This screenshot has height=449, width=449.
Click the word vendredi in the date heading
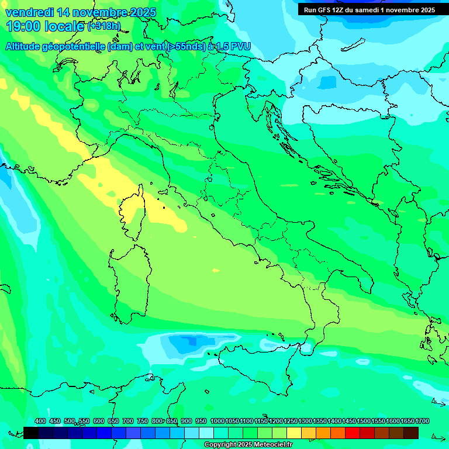[x=28, y=12]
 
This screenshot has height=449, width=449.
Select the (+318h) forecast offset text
[x=104, y=26]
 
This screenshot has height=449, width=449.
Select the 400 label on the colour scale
[x=40, y=421]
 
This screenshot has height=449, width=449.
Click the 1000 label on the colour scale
[x=217, y=421]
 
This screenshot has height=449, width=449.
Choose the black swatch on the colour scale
[x=31, y=433]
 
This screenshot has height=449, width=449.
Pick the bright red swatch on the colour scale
[x=353, y=433]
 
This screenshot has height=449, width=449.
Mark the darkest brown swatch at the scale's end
[x=411, y=433]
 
